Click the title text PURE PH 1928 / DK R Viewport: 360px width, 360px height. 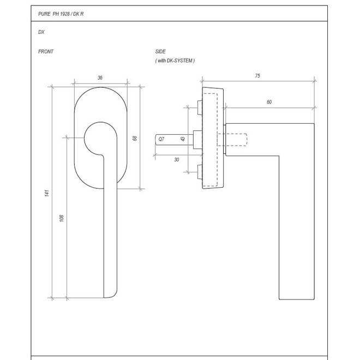click(61, 14)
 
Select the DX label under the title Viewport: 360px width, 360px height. click(41, 32)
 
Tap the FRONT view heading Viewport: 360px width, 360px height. click(46, 52)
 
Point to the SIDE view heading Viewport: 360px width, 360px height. click(161, 52)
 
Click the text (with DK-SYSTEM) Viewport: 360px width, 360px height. click(175, 61)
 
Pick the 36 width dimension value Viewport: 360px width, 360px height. click(100, 78)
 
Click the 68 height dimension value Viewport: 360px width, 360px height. click(135, 139)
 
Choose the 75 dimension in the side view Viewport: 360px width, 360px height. click(257, 76)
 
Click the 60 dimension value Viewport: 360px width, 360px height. click(269, 102)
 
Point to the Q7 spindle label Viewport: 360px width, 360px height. click(161, 140)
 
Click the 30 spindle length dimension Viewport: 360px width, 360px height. click(176, 160)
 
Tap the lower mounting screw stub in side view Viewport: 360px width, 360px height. click(198, 171)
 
